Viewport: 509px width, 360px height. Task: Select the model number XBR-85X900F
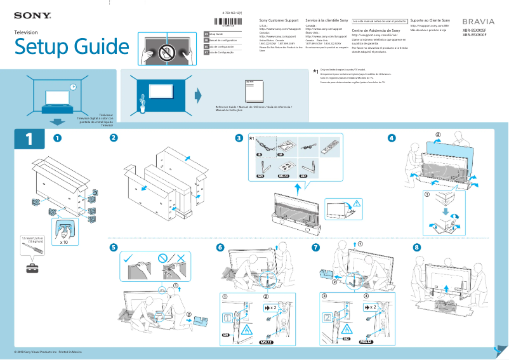(x=474, y=36)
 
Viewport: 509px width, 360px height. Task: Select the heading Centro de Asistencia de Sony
(x=376, y=30)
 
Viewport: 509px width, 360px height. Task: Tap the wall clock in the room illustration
(x=73, y=86)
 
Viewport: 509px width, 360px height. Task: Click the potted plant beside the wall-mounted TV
(x=143, y=99)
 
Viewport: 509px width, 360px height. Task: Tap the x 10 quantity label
(x=64, y=242)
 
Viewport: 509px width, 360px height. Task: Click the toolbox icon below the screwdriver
(x=32, y=268)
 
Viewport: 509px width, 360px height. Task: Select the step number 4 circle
(x=392, y=138)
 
